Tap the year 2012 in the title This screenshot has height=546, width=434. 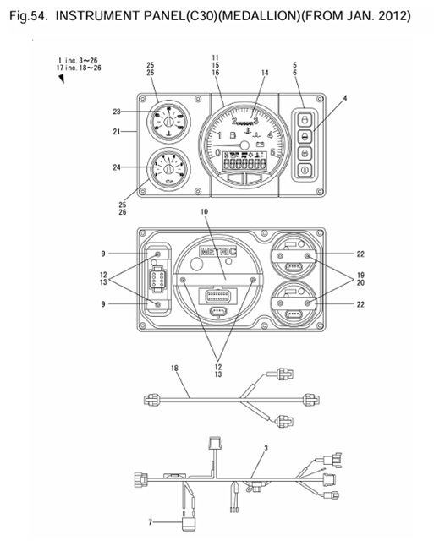click(x=403, y=16)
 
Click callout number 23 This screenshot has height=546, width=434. click(x=117, y=111)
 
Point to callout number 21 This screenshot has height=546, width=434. click(x=117, y=131)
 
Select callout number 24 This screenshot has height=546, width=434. click(x=117, y=167)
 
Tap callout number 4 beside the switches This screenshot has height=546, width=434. click(x=345, y=100)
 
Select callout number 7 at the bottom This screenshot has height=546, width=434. click(x=151, y=522)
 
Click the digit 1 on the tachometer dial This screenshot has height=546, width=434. click(x=221, y=135)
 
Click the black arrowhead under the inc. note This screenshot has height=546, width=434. click(x=63, y=79)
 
